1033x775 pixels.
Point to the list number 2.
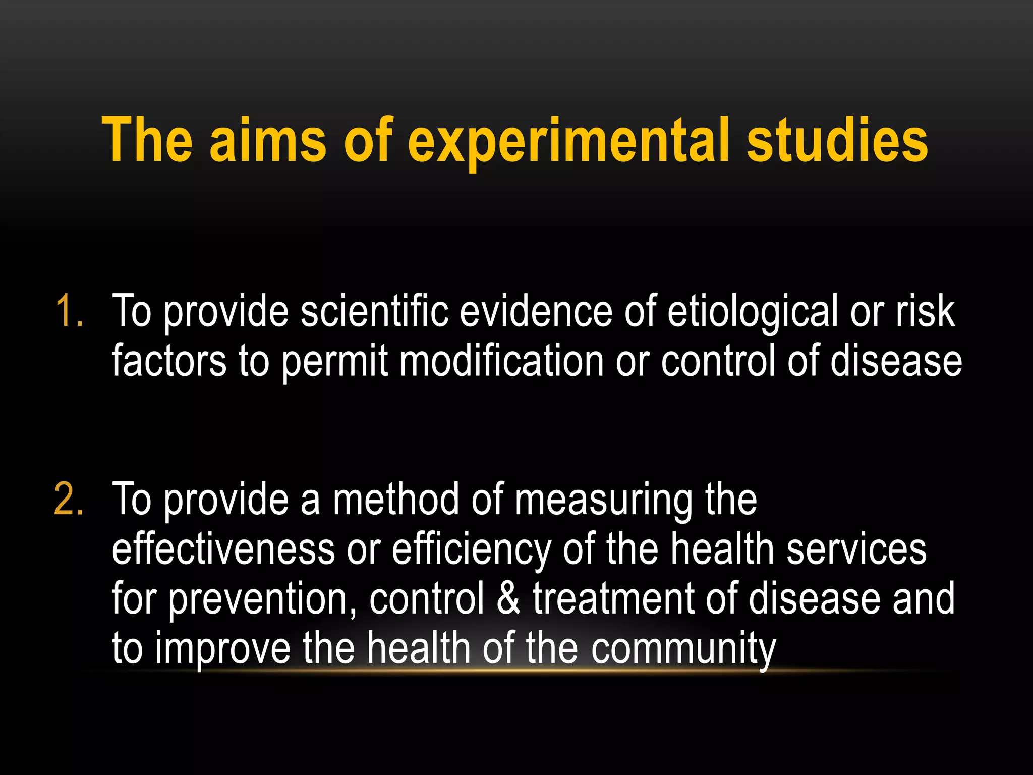pos(69,500)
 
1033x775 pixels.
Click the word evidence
pos(535,312)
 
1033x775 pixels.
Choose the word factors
pos(169,361)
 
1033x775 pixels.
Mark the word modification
pos(502,361)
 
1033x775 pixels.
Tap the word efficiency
pos(471,550)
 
